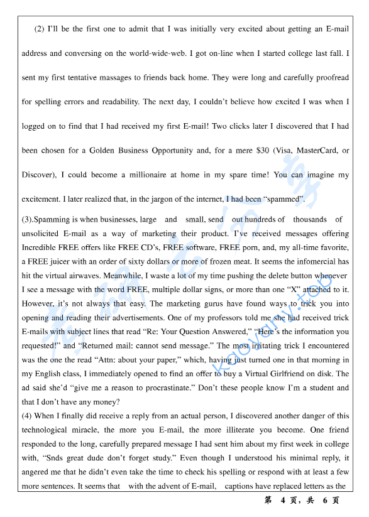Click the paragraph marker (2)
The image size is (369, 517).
[x=40, y=29]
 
